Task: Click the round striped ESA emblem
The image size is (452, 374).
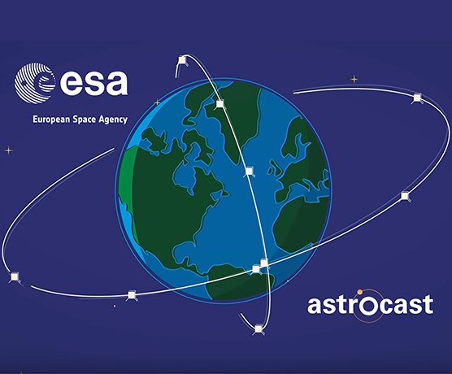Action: (35, 83)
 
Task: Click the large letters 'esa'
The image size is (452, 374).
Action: (93, 82)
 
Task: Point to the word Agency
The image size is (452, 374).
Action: (113, 120)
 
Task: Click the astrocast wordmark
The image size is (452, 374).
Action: (371, 305)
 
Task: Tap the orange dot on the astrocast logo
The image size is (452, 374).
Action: (360, 293)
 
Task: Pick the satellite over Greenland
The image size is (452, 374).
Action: (220, 104)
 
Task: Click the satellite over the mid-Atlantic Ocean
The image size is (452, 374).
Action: (249, 172)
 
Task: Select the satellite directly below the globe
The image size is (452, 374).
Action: (259, 329)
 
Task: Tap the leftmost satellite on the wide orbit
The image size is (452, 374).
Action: (15, 277)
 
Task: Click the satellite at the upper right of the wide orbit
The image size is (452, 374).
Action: (417, 98)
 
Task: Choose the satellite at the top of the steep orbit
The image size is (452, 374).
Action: (182, 60)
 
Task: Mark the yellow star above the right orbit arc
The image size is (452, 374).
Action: (354, 80)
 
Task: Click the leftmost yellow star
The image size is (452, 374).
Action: (9, 150)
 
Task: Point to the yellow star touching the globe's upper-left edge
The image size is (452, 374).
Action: (157, 102)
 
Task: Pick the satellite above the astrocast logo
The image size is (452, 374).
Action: (405, 196)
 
